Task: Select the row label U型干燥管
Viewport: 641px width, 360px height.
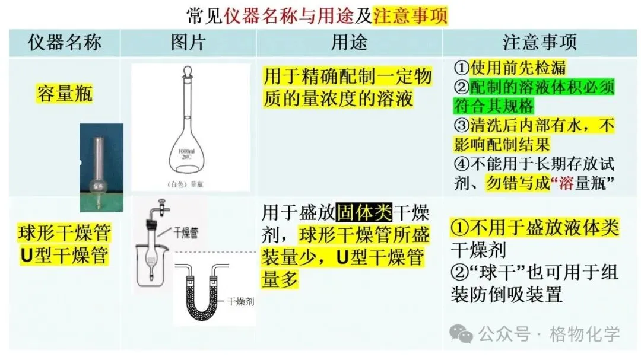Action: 65,256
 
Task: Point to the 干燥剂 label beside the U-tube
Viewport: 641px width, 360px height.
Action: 240,302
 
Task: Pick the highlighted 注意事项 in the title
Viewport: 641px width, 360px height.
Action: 410,14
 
